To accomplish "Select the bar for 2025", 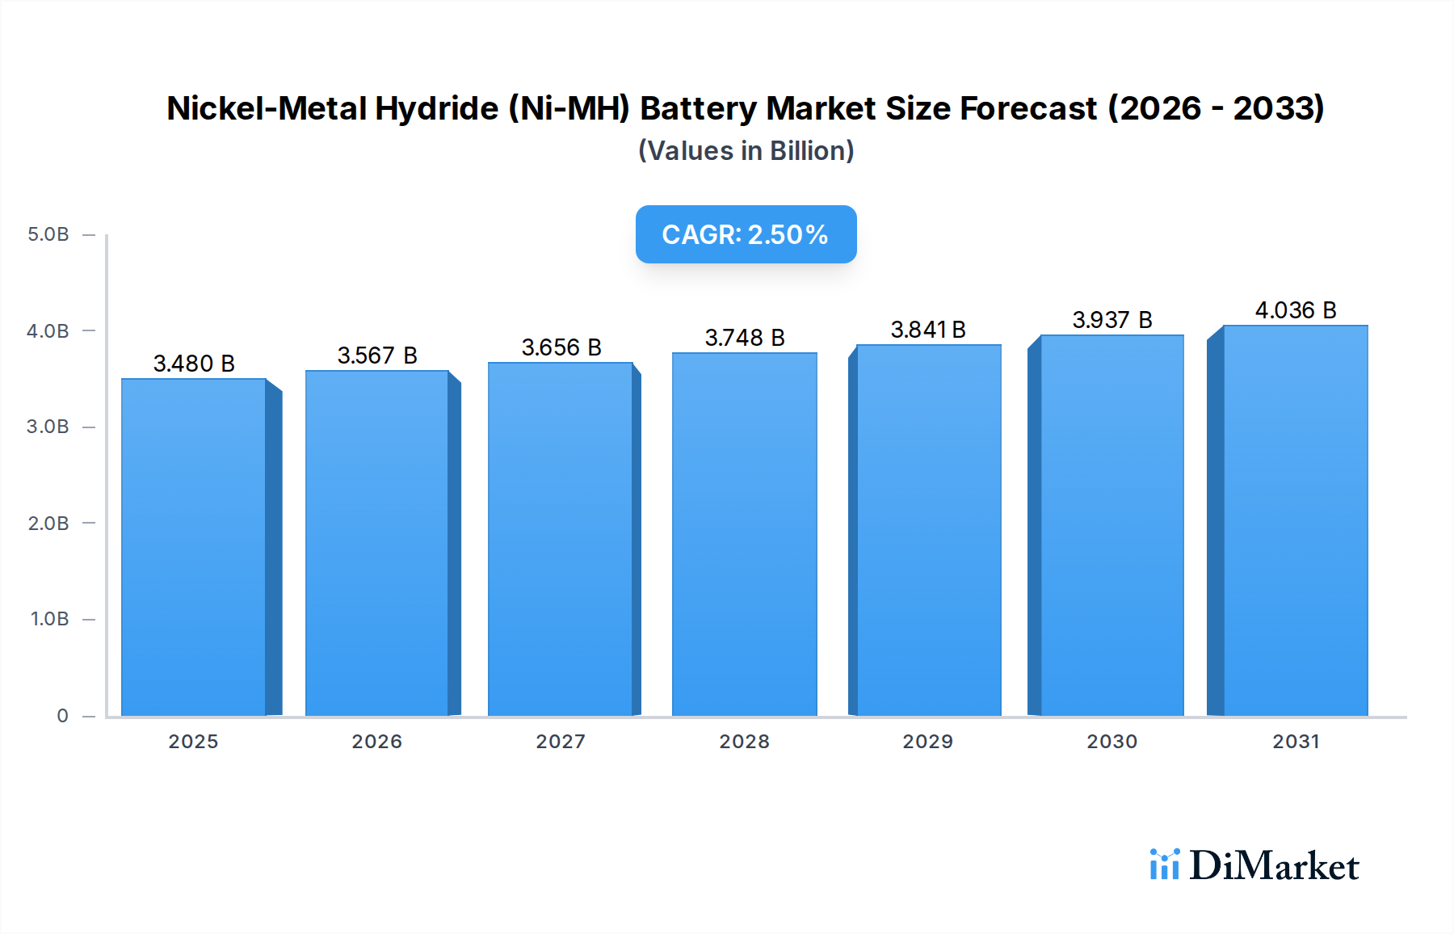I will [x=194, y=547].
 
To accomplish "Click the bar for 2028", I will [x=744, y=534].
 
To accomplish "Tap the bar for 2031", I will [x=1295, y=520].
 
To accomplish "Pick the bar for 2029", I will [x=928, y=530].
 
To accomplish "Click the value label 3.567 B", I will [x=377, y=356].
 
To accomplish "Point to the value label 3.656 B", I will [x=561, y=347].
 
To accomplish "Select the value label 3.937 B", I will [x=1112, y=320].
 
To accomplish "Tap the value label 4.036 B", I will [x=1296, y=310].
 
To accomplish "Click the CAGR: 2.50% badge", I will [x=746, y=234].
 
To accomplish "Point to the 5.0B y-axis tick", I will [x=48, y=234].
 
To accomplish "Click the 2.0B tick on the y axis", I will [x=48, y=524].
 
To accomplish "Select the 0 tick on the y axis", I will [x=62, y=716].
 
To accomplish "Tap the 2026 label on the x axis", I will [x=376, y=742].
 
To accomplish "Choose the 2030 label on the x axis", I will [x=1112, y=742].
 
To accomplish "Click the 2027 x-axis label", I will [x=561, y=742].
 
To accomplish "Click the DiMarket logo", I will [x=1254, y=865].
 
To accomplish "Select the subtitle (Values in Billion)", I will [x=746, y=151].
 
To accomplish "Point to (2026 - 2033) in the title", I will [x=1216, y=108].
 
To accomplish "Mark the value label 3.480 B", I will [x=194, y=364].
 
